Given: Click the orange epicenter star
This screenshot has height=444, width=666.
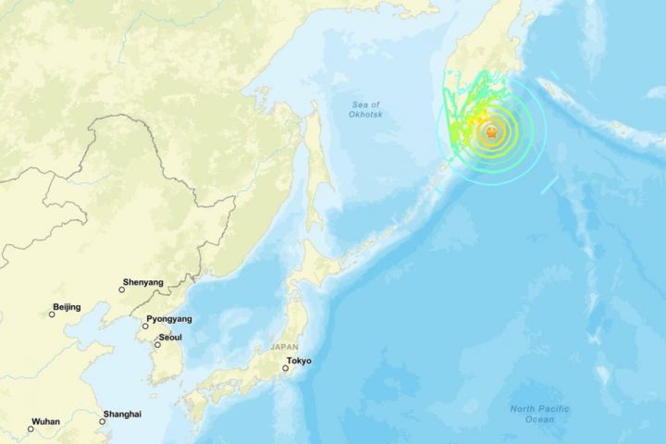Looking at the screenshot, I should click(x=491, y=134).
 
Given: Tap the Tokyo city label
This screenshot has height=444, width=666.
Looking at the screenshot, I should click(x=299, y=361).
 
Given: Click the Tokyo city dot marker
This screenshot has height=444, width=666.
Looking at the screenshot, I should click(x=285, y=368).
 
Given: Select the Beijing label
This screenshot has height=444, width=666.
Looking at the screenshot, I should click(x=67, y=307).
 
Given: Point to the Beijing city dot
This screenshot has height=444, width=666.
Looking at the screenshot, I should click(x=52, y=314).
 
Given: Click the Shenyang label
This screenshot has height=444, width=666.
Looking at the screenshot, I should click(x=142, y=282).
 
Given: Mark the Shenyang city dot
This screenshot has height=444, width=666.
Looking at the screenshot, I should click(x=121, y=290).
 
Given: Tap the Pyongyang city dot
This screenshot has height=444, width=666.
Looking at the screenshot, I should click(x=145, y=326).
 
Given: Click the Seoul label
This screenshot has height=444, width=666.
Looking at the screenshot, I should click(x=170, y=338).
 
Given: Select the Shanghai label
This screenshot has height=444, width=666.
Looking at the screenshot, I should click(x=122, y=413).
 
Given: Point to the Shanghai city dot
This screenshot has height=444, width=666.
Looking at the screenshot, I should click(x=102, y=421).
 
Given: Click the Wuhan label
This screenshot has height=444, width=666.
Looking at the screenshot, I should click(x=46, y=422).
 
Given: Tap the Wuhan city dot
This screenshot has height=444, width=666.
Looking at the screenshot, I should click(x=31, y=428).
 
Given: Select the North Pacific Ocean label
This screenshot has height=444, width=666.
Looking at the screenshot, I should click(x=540, y=414).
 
